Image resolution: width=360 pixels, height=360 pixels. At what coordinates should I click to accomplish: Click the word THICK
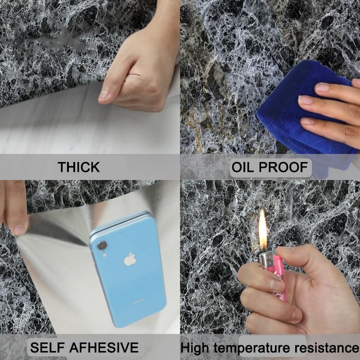click(x=78, y=167)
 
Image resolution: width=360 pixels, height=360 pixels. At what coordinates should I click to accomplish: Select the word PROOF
click(x=283, y=167)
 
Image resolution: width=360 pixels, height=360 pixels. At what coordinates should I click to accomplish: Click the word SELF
click(x=47, y=347)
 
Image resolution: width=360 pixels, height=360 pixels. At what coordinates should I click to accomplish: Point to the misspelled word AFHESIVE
click(x=104, y=347)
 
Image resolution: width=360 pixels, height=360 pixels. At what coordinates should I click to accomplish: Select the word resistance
click(x=327, y=348)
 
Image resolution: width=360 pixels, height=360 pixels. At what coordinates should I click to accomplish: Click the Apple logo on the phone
click(x=130, y=259)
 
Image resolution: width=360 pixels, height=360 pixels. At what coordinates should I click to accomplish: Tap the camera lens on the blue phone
click(x=102, y=245)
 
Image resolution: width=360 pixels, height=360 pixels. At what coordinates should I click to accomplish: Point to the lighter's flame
click(x=263, y=230)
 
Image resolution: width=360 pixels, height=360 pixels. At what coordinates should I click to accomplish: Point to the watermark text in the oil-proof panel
click(x=338, y=14)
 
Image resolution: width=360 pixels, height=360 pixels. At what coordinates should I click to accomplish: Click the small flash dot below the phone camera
click(x=104, y=255)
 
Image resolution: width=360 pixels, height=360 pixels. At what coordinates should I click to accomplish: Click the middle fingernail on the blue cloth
click(x=305, y=100)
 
